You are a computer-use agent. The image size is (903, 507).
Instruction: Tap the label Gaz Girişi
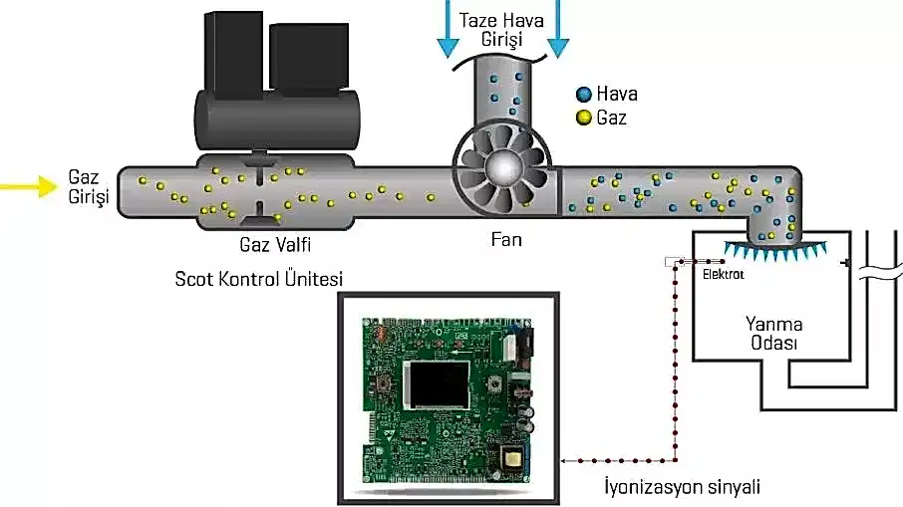tap(88, 186)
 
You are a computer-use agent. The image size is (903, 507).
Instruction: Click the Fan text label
tap(506, 239)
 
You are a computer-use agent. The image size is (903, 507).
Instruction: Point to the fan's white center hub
tap(502, 170)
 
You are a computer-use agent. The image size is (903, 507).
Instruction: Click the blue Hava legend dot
tap(582, 95)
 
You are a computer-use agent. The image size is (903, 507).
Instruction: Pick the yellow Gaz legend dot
tap(582, 119)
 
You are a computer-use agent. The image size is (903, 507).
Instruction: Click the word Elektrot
tap(724, 273)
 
